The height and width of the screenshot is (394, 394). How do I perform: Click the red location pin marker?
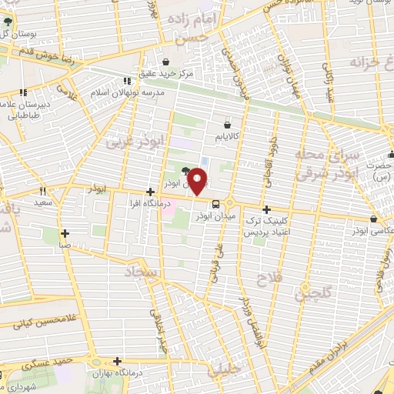point(199,181)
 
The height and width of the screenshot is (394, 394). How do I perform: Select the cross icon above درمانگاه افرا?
point(150,191)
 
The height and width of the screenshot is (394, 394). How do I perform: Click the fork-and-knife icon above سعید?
point(43,191)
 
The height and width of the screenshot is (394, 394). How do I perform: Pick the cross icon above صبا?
point(65,233)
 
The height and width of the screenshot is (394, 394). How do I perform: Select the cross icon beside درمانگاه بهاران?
point(117,360)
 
